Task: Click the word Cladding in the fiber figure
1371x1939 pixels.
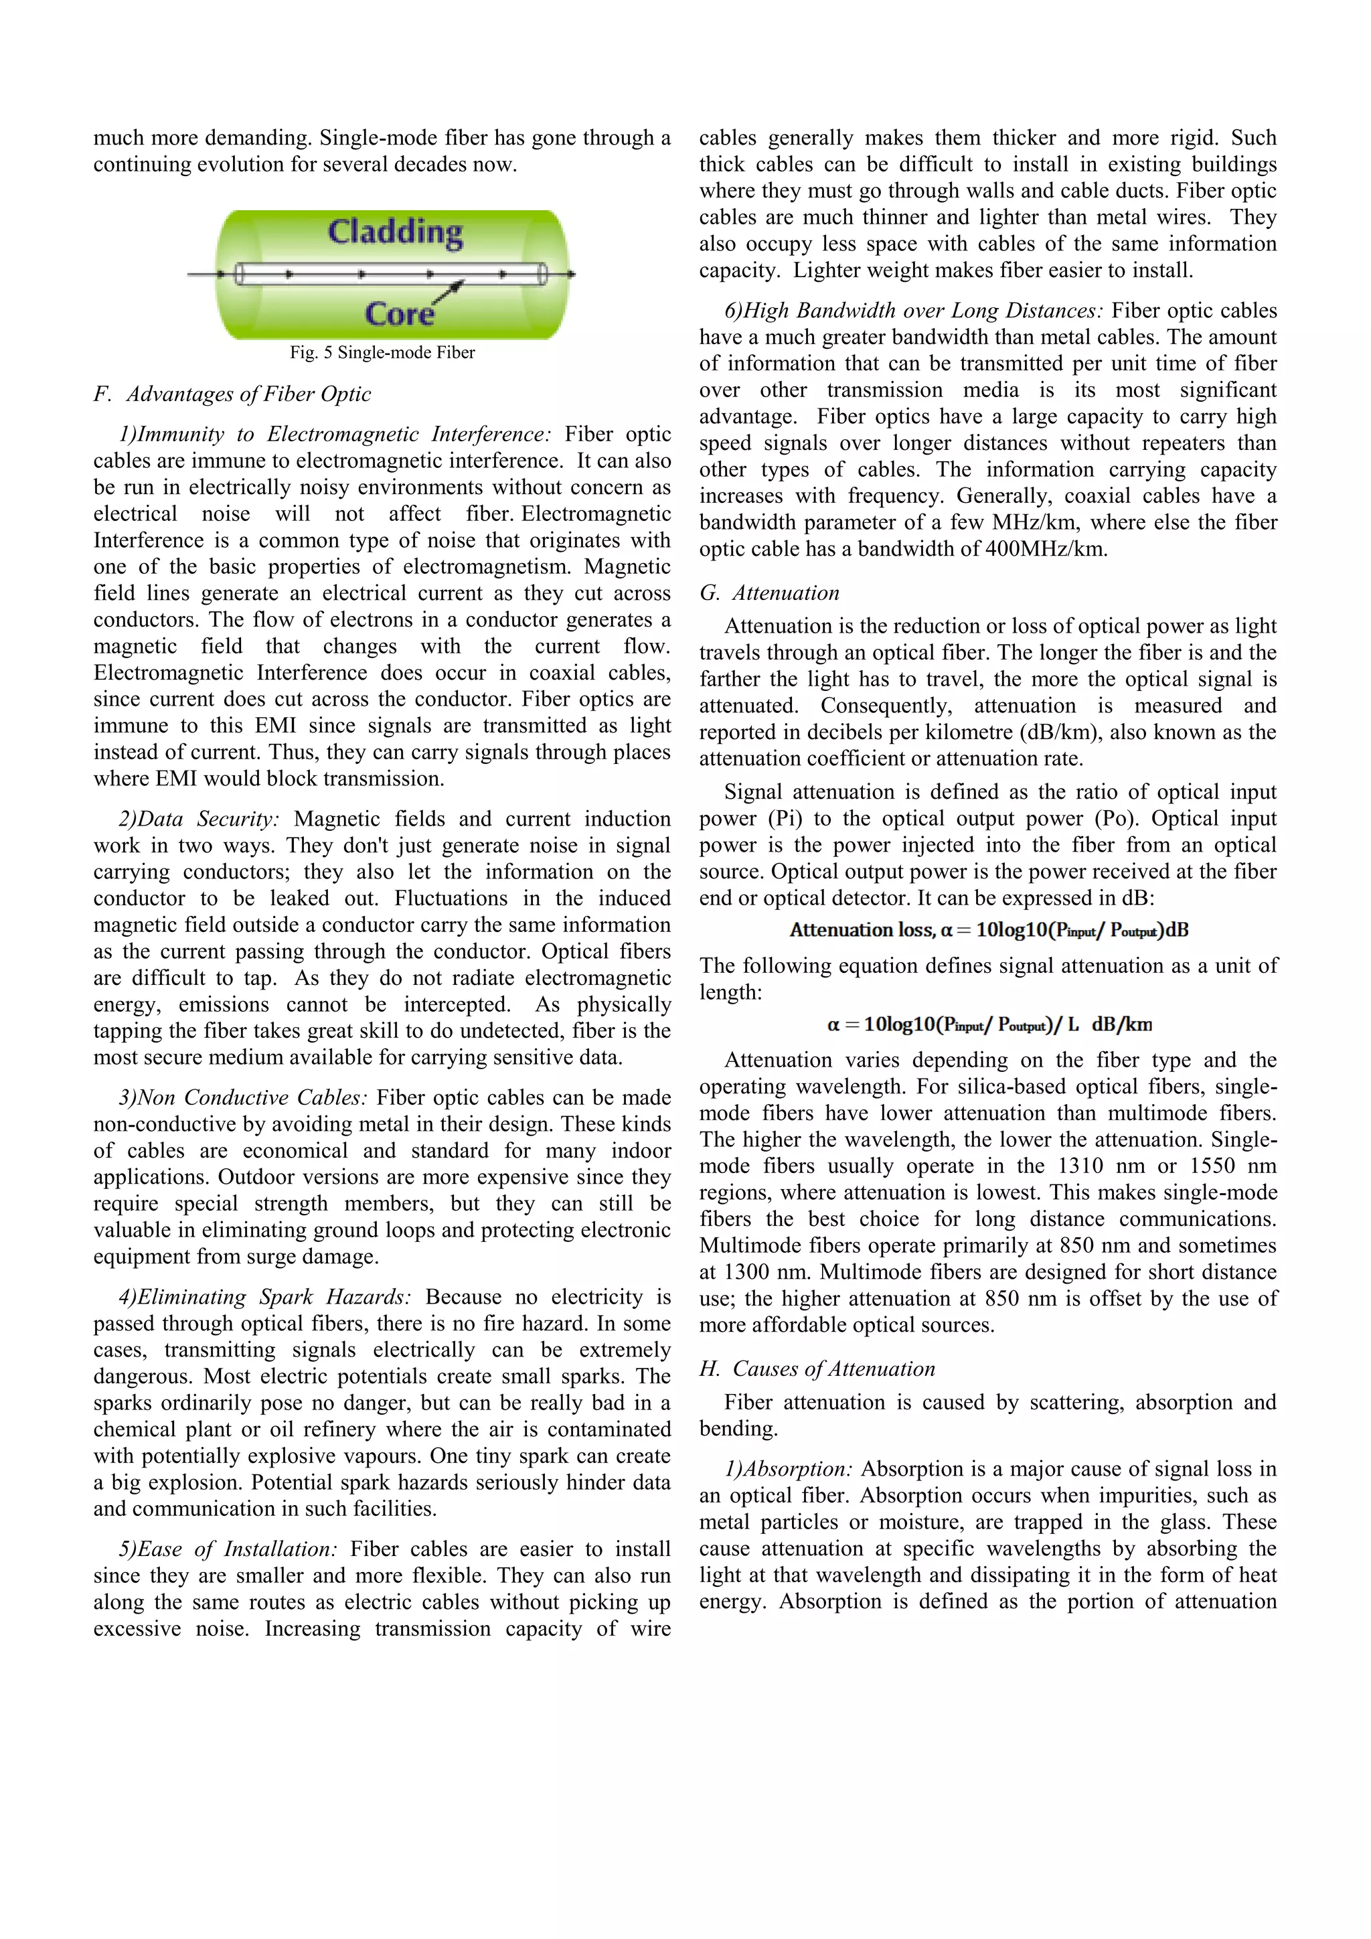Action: (x=395, y=232)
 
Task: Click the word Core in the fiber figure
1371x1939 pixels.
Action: (x=399, y=314)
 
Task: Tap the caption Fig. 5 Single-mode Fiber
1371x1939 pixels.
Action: (x=382, y=353)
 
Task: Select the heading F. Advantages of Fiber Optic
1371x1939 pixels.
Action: (x=232, y=394)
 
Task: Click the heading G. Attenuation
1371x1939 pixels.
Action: (x=769, y=593)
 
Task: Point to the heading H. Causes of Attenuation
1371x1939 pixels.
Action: (x=817, y=1369)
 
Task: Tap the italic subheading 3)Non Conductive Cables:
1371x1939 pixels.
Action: (x=243, y=1098)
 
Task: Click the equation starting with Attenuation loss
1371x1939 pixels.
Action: (x=989, y=931)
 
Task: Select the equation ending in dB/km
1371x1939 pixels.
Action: (x=989, y=1025)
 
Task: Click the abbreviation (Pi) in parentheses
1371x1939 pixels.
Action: (x=785, y=819)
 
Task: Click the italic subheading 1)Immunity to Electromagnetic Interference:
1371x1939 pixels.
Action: (x=335, y=434)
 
